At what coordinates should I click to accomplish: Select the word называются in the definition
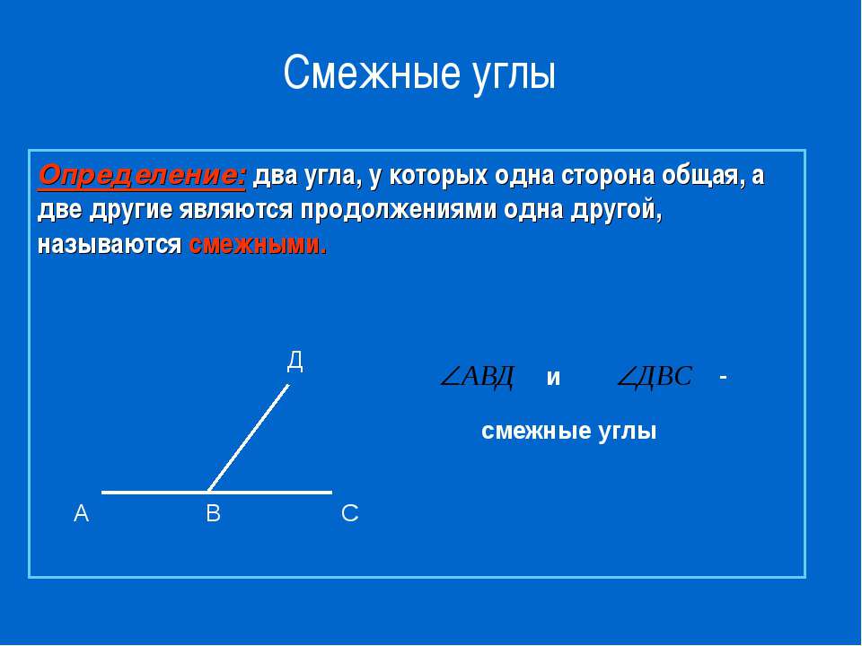coord(110,244)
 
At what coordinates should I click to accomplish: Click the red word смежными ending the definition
coord(259,244)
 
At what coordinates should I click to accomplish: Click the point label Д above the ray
coord(295,362)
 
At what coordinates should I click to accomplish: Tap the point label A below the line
coord(81,514)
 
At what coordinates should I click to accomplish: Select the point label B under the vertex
coord(213,514)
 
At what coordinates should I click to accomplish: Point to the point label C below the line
coord(349,514)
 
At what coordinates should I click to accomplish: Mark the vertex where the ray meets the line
coord(208,492)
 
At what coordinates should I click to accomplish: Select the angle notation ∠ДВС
coord(655,377)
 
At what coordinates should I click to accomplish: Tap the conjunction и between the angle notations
coord(553,379)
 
